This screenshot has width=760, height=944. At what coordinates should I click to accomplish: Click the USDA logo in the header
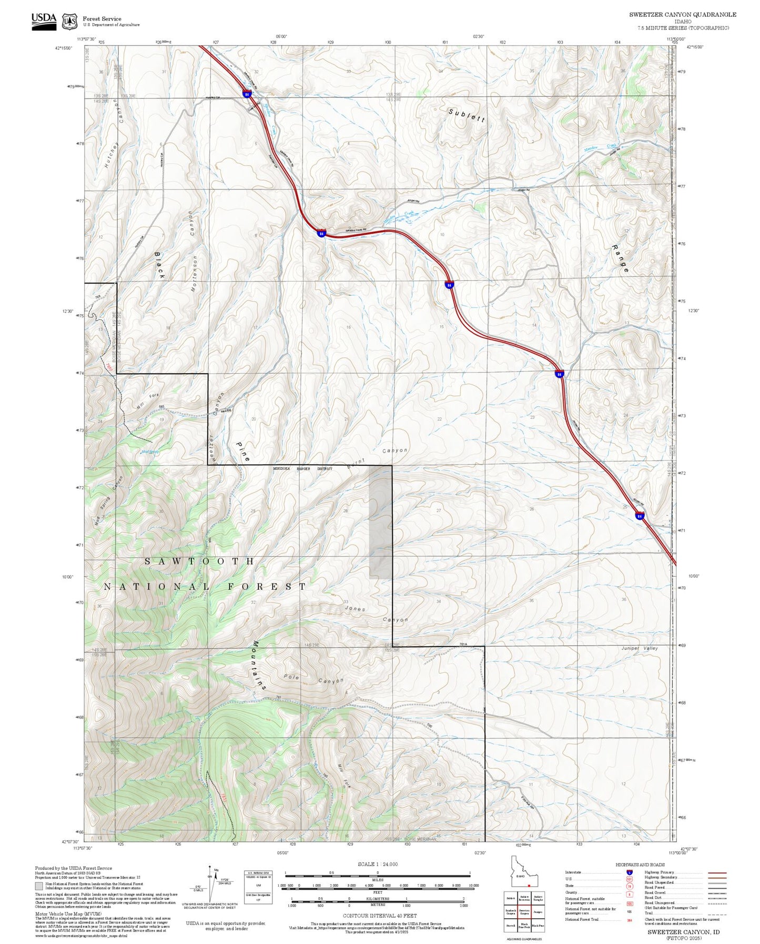(44, 21)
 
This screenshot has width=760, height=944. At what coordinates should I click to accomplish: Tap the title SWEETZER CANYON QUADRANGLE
(683, 15)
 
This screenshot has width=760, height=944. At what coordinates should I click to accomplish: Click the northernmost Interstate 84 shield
(247, 94)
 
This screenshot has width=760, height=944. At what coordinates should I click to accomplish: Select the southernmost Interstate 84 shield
(639, 516)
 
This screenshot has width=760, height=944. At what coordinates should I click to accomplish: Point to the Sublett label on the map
(467, 115)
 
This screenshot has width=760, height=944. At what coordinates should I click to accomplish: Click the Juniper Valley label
(639, 648)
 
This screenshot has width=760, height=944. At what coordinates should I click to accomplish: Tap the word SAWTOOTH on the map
(199, 561)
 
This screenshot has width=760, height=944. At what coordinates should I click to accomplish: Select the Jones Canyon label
(376, 614)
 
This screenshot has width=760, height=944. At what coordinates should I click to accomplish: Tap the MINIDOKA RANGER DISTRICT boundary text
(302, 468)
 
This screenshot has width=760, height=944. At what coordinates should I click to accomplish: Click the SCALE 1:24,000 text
(378, 864)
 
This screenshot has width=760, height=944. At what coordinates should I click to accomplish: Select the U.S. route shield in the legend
(629, 879)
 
